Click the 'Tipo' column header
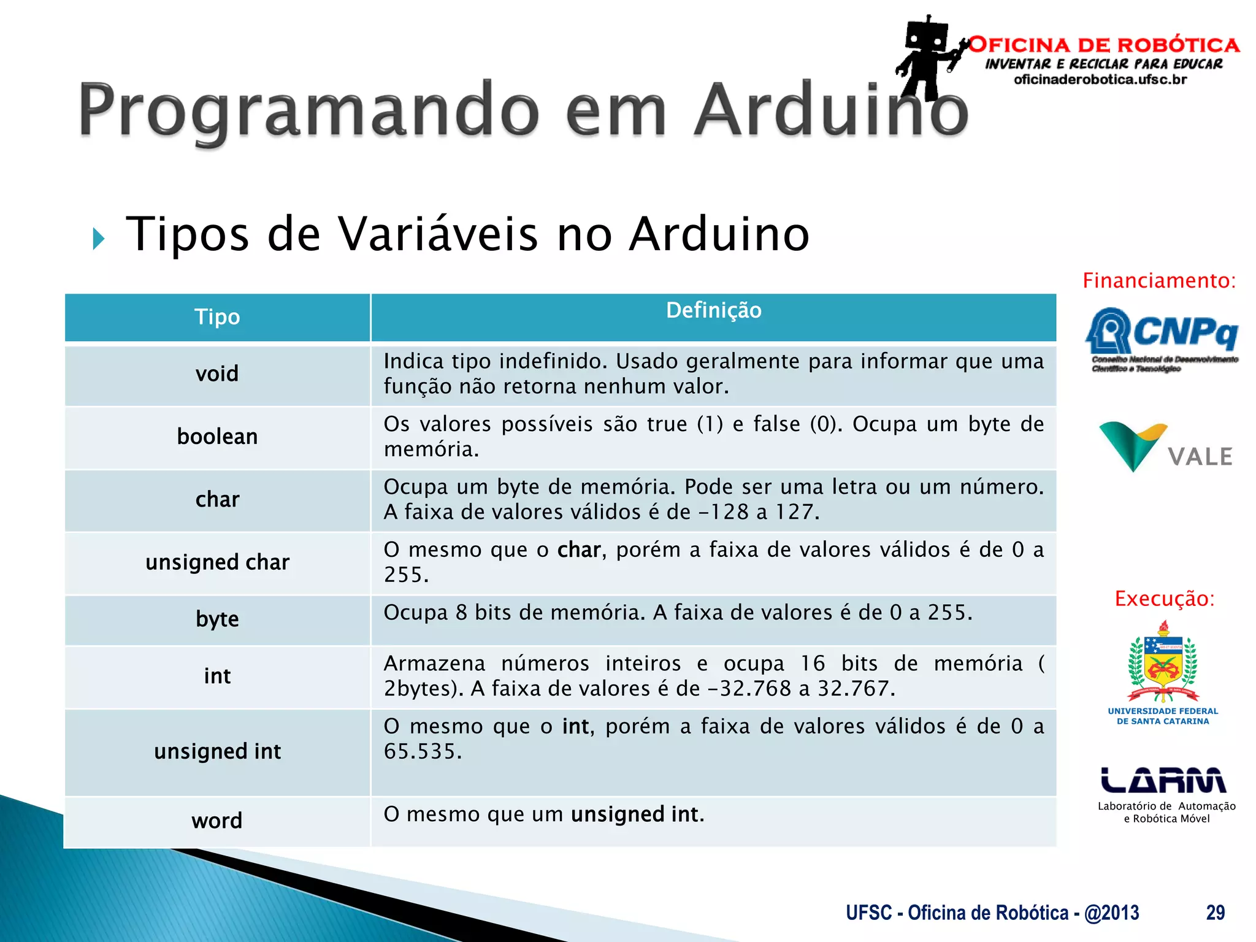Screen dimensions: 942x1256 (x=217, y=317)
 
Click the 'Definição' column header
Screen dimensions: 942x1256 (x=713, y=310)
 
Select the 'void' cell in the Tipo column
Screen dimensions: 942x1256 (x=217, y=373)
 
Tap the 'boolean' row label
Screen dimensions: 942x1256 (x=217, y=437)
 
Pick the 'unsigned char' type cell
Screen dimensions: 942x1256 (x=217, y=562)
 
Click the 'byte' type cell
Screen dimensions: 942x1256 (x=217, y=619)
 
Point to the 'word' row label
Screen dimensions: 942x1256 (x=217, y=821)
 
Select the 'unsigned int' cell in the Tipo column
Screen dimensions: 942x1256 (x=217, y=751)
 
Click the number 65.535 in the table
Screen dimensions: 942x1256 (x=422, y=752)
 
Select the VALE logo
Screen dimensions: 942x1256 (x=1165, y=448)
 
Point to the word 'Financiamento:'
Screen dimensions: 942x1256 (x=1159, y=281)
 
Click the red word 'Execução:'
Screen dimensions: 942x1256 (x=1164, y=599)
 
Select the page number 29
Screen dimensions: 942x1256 (x=1215, y=913)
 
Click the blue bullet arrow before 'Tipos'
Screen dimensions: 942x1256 (x=99, y=239)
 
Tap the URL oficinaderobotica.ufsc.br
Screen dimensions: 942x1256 (x=1100, y=80)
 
